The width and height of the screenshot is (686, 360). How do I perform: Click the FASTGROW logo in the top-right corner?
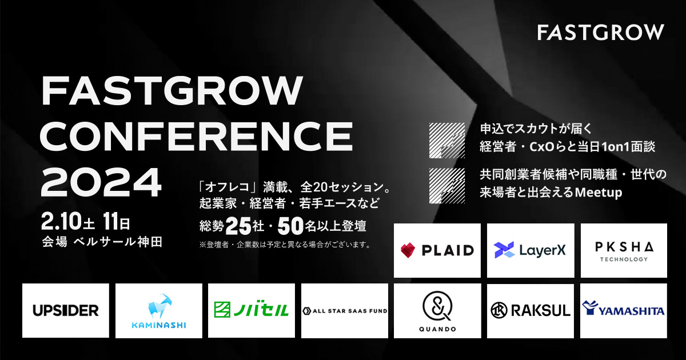601,32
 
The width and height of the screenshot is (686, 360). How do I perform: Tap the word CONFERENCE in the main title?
196,136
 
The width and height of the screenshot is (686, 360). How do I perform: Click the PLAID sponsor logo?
437,250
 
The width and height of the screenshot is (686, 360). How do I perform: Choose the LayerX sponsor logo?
530,250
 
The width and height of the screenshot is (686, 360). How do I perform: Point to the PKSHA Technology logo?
624,251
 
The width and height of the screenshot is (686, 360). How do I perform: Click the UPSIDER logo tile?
66,310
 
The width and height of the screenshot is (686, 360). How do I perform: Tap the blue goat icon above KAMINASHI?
160,306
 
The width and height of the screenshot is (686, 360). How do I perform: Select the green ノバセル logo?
252,310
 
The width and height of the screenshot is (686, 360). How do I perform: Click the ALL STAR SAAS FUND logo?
345,311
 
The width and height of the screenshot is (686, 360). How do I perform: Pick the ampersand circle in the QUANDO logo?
437,306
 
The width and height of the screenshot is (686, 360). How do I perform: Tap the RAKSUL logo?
531,310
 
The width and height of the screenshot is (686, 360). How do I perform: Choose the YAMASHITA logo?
623,309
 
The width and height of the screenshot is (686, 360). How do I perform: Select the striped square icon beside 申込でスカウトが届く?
447,141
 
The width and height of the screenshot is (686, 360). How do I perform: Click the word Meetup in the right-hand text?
599,193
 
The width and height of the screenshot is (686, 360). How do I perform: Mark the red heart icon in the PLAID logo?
408,250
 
